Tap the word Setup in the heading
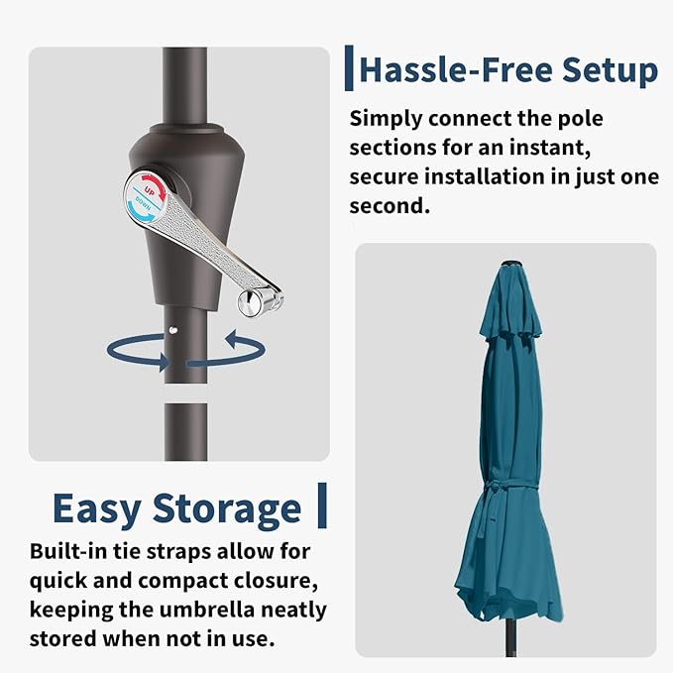click(610, 70)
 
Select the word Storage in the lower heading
click(227, 509)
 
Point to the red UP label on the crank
click(150, 190)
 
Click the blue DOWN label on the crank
click(143, 203)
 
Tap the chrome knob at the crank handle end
click(250, 302)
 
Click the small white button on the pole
click(173, 330)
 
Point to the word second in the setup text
click(390, 205)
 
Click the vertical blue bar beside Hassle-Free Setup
click(349, 68)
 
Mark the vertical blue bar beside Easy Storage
click(322, 505)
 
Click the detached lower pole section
click(186, 432)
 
